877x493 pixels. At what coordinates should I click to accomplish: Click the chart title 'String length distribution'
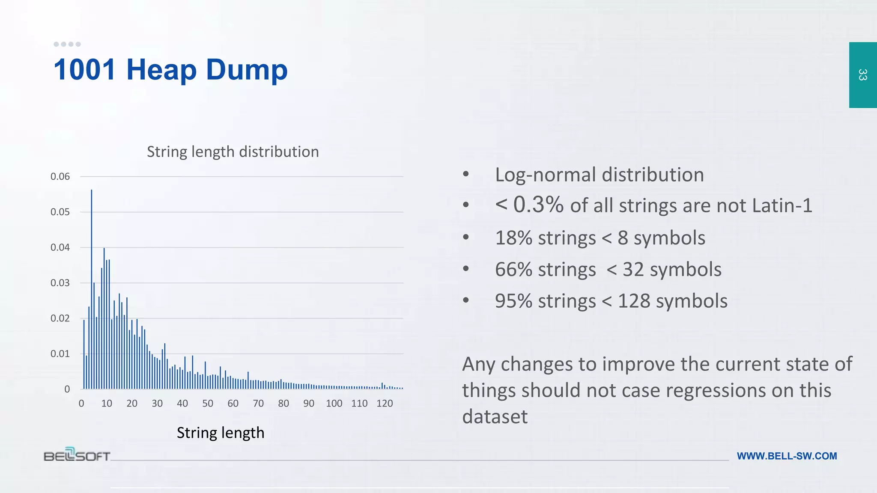233,152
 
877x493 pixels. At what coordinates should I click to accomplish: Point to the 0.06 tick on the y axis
60,177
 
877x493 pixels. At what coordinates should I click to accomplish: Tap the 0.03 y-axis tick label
60,283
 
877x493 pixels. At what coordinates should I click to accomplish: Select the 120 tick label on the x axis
385,404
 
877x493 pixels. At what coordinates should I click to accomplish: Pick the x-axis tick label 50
208,404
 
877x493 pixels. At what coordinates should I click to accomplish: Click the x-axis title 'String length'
221,433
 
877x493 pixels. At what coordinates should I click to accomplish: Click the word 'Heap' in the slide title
161,69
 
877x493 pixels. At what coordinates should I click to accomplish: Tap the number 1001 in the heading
85,69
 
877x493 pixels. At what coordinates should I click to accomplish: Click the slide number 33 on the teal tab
862,75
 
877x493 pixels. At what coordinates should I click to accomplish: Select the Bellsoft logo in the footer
77,454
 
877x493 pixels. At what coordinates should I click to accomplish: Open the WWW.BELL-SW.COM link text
787,456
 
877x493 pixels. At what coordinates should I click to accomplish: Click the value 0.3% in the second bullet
538,205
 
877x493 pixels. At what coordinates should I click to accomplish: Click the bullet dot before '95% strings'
466,300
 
